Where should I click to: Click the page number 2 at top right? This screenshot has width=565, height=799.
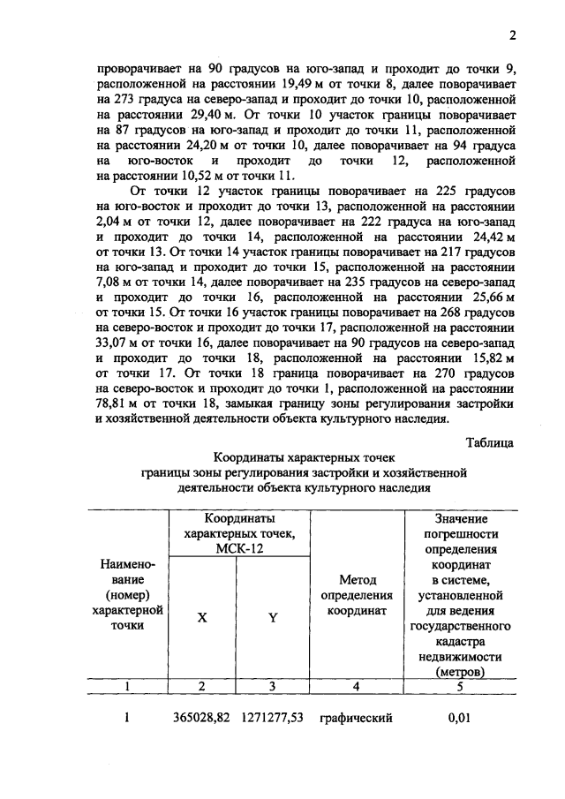(511, 36)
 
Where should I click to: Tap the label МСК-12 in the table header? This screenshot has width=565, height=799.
(238, 548)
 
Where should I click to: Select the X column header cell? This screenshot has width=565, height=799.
(202, 619)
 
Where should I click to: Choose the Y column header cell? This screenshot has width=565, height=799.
(273, 619)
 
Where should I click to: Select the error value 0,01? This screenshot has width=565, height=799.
(458, 719)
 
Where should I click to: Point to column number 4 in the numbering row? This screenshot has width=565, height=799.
(357, 685)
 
